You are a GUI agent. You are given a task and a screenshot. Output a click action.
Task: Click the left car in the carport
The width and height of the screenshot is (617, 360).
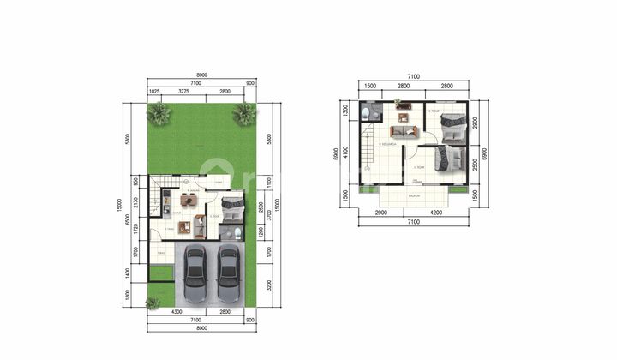point(195,267)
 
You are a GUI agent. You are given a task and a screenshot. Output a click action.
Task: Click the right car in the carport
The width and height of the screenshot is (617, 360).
point(227,267)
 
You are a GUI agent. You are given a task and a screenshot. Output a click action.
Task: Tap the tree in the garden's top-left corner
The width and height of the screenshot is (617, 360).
point(157,114)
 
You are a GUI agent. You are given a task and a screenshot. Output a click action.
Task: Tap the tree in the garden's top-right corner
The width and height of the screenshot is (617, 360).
point(244,113)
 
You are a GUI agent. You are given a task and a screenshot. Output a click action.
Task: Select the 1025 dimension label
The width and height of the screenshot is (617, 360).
point(154,91)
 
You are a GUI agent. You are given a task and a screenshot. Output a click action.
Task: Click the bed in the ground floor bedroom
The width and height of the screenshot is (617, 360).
point(231,207)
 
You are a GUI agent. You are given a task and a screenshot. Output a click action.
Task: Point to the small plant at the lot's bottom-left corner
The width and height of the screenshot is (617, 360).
point(153,302)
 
